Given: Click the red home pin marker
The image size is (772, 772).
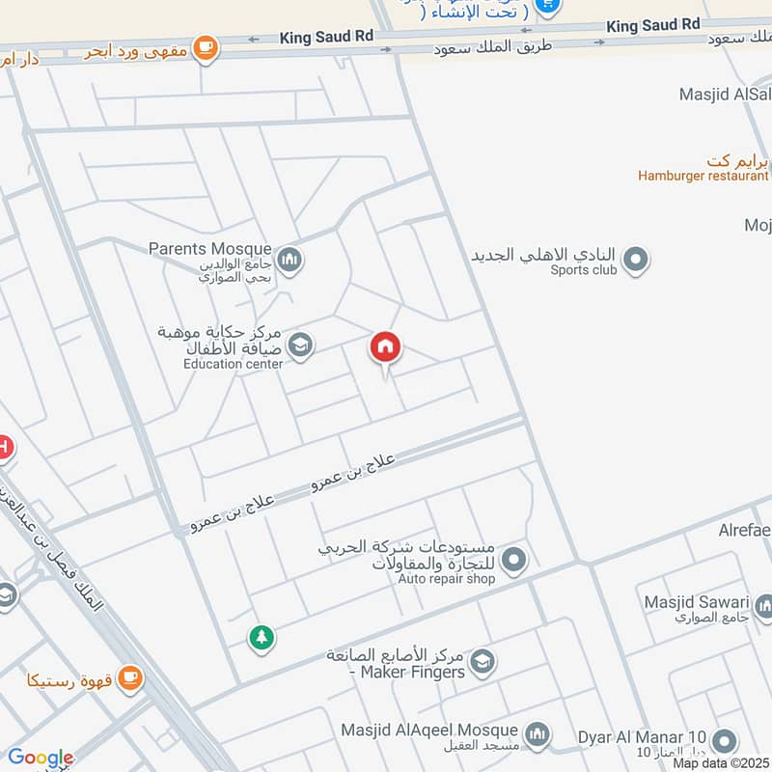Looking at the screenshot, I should [385, 347].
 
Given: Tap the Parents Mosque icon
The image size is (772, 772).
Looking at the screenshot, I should [289, 260].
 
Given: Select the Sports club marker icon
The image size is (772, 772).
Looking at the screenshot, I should [635, 260].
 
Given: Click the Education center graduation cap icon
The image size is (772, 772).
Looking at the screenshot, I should [301, 345].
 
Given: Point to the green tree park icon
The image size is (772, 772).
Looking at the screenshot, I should [260, 637].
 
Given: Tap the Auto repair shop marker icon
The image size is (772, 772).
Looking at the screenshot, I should [514, 559].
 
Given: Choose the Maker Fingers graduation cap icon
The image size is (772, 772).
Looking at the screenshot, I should [482, 661].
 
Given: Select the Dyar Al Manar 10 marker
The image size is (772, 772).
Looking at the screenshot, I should [724, 741].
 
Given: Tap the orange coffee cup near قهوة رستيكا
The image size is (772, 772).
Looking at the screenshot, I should [131, 679].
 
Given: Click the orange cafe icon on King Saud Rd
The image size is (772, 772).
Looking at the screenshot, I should [205, 47].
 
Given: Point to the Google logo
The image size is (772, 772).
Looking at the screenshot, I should [40, 758].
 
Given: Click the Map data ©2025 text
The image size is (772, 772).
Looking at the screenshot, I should [720, 763].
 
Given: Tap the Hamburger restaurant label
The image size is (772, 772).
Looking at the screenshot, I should [703, 176].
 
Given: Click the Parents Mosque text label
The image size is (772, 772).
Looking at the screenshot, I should [209, 249].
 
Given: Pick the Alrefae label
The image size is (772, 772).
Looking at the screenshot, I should [744, 531].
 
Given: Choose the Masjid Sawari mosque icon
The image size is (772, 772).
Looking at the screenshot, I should [764, 606].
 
